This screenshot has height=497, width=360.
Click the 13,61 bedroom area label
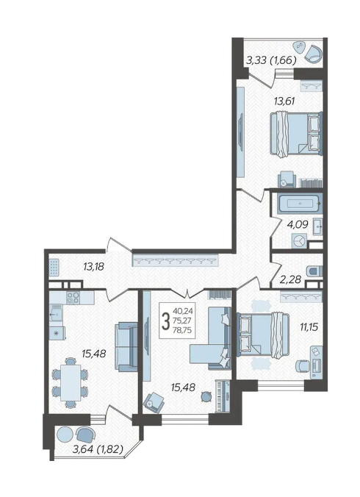[x=284, y=101]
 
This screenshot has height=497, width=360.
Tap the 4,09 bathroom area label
[x=298, y=225]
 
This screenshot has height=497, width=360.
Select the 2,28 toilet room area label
[x=290, y=279]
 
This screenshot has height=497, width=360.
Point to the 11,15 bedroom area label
[x=309, y=326]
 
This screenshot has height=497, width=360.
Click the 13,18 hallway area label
[x=94, y=267]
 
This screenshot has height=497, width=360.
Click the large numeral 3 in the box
[x=165, y=321]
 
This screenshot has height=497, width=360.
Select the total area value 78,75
[x=183, y=330]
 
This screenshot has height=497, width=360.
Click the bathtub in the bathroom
[x=300, y=203]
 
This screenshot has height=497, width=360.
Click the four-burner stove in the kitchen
[x=73, y=298]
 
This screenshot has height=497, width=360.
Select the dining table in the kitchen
[x=71, y=382]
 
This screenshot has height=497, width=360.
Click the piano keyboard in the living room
[x=223, y=396]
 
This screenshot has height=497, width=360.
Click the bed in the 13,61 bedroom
[x=296, y=134]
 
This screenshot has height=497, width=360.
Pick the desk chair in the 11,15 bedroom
[x=303, y=366]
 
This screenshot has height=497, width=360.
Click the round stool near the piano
[x=206, y=396]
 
